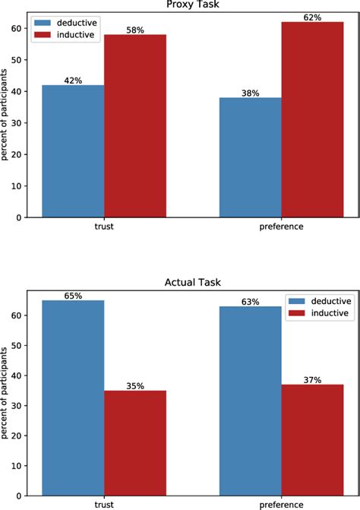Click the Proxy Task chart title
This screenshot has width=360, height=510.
pos(191,5)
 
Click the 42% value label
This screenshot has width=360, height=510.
pos(73,79)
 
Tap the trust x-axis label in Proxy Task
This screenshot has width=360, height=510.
pos(104,226)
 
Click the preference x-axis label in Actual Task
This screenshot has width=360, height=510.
pos(282,504)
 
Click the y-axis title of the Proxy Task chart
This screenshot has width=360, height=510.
pos(6,114)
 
